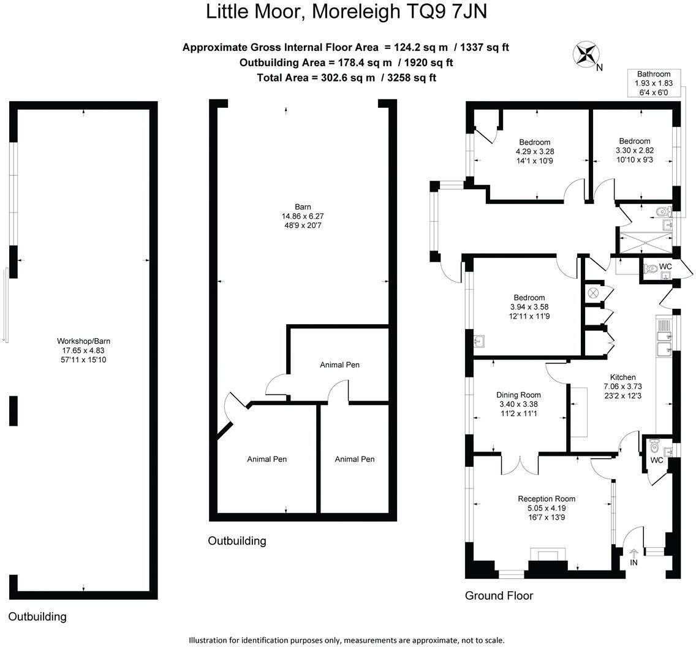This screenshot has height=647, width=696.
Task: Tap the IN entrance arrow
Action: coord(633,554)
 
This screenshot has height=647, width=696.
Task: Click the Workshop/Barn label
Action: coord(83,341)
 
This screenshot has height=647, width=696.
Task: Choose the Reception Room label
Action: coord(546,499)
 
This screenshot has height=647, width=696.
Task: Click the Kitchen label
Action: coord(622,377)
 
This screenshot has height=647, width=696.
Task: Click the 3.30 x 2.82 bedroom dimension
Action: coord(634,149)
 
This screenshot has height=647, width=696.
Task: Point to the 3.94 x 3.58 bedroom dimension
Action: coord(518,307)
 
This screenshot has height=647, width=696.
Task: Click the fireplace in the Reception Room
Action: coord(548,556)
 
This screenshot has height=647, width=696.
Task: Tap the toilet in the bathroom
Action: coord(662,213)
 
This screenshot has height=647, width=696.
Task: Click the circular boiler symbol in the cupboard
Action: coord(592,293)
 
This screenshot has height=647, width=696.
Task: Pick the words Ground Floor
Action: coord(499,596)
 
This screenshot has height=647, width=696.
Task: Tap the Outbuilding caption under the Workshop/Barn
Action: coord(37,616)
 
